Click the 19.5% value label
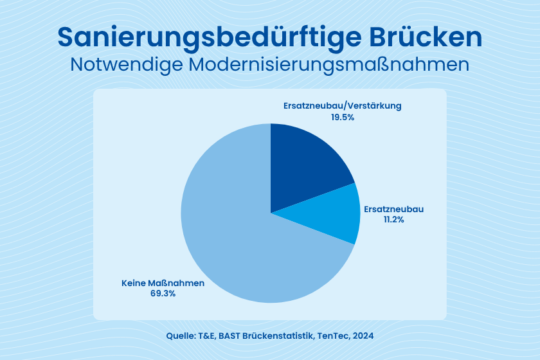[x=342, y=118]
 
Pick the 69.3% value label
[x=163, y=293]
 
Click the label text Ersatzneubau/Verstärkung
[x=342, y=106]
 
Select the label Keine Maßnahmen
[x=163, y=283]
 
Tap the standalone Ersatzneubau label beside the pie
[x=393, y=210]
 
